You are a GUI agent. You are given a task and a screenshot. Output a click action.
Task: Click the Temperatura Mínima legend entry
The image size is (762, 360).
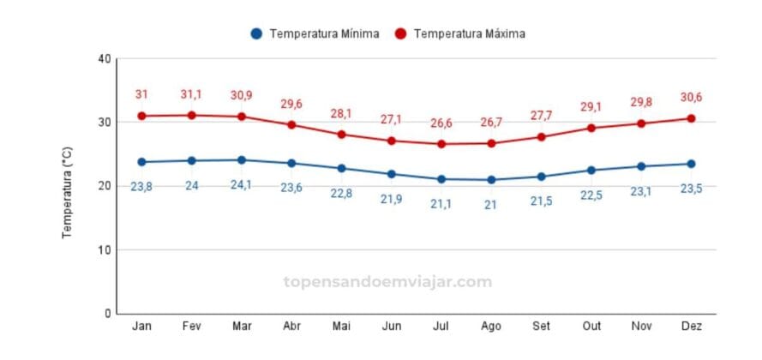point(315,33)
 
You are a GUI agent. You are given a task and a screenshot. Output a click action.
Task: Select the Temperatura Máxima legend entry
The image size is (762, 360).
point(459,33)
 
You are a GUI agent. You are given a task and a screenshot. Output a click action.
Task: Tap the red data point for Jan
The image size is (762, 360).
point(141,116)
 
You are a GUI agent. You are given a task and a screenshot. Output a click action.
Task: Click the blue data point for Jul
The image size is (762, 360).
point(441,179)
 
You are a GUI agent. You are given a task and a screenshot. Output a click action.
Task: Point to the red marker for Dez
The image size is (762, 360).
point(691,118)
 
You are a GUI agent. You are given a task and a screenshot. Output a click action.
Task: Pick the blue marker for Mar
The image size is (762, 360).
point(242,159)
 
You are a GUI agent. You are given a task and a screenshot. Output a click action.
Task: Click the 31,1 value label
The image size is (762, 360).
point(191,94)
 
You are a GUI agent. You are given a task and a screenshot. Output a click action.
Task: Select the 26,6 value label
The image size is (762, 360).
point(441,123)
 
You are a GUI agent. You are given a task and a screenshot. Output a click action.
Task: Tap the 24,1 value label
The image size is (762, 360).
point(242,185)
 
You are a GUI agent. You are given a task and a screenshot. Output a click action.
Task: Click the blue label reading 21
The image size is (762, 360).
point(491,205)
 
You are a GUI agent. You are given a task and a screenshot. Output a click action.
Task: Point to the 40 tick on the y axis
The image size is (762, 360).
point(105,58)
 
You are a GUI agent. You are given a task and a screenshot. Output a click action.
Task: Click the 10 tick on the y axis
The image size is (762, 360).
point(105,249)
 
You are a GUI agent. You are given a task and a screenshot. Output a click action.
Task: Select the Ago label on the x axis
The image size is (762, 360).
point(491,327)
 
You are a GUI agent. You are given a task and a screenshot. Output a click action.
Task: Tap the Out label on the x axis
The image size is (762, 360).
point(591,327)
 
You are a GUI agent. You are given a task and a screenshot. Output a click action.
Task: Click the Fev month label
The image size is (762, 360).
point(191,327)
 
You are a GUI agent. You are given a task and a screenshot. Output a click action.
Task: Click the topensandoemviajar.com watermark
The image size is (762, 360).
point(387,281)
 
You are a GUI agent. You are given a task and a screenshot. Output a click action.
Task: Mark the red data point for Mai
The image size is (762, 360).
point(341,134)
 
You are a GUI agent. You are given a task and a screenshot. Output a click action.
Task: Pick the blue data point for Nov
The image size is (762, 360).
point(641,166)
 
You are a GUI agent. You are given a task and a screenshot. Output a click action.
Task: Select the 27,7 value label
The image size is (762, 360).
point(541,116)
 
